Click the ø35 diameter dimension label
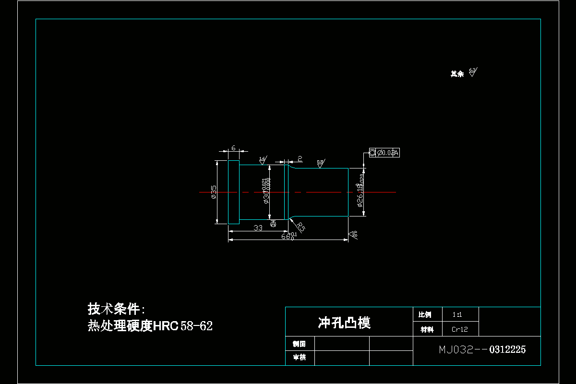tap(214, 192)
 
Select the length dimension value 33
tap(258, 228)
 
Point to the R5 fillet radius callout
tap(300, 227)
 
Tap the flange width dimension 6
tap(233, 148)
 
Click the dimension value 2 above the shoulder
tap(300, 158)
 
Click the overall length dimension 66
tap(286, 236)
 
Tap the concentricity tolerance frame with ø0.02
tap(384, 153)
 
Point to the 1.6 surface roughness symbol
tap(263, 160)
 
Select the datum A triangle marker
tap(273, 224)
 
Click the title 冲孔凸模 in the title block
tap(344, 323)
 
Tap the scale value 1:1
tap(457, 315)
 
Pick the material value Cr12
tap(459, 330)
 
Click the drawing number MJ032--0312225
tap(482, 349)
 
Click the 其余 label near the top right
tap(457, 74)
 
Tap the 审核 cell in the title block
tap(300, 358)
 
